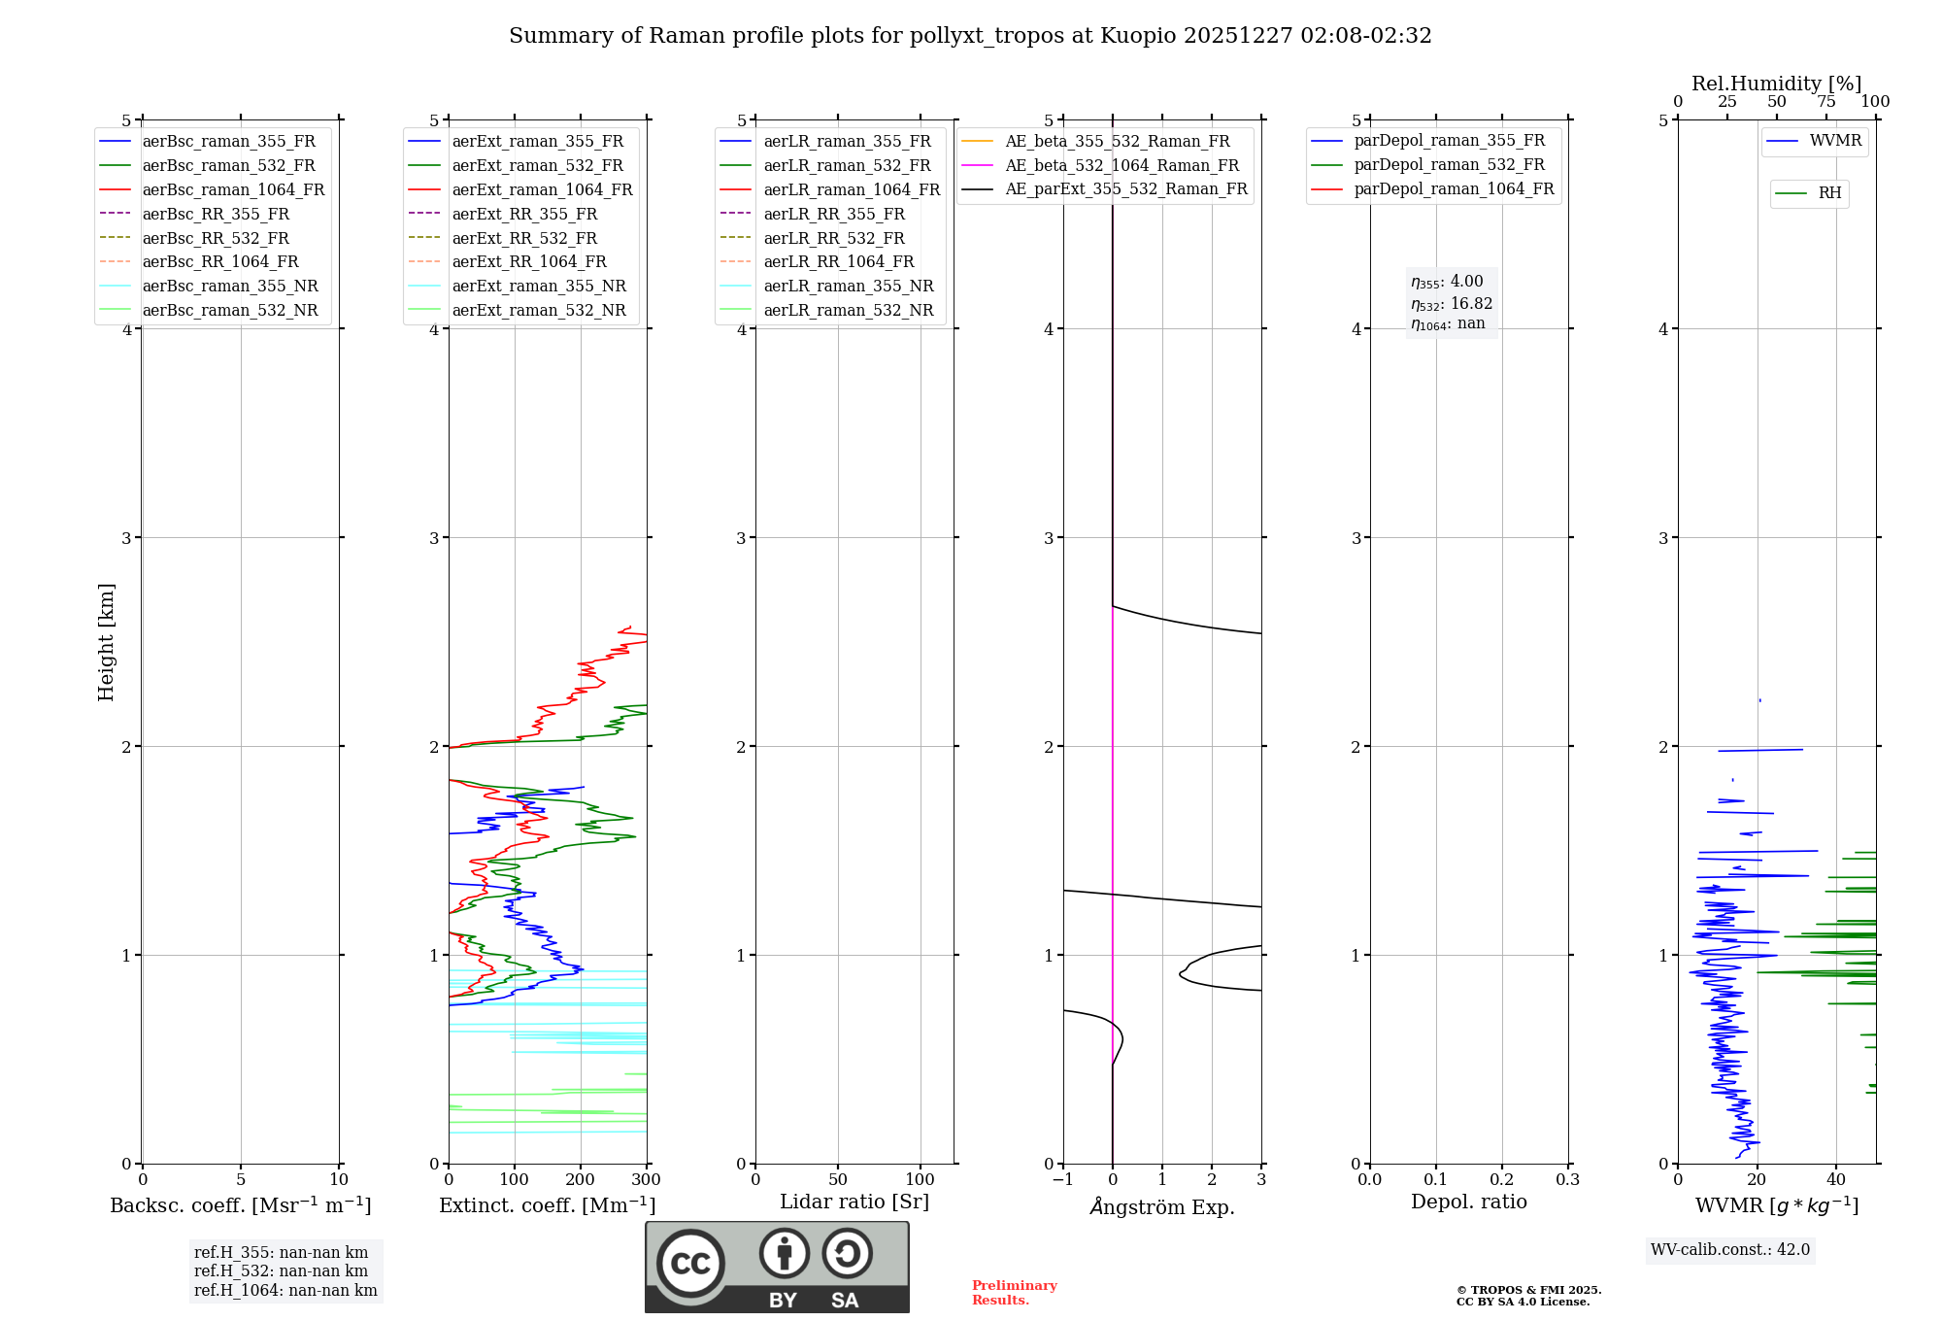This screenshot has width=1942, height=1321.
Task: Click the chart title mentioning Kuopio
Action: (969, 36)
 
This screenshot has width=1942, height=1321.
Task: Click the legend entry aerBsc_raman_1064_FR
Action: (233, 189)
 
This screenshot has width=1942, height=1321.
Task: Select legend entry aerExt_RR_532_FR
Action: (524, 238)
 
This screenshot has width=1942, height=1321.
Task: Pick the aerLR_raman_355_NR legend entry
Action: (848, 286)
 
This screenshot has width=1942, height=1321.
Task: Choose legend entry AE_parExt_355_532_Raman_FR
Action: (1125, 188)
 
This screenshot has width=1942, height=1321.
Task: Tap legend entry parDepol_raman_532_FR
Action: (1449, 165)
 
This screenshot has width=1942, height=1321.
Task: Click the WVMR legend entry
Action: (1835, 141)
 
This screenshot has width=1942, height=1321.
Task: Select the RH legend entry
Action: (1829, 193)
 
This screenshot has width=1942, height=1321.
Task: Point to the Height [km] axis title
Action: (106, 641)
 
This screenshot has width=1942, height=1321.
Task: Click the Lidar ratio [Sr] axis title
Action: (854, 1202)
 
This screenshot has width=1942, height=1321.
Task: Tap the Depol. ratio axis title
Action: (1468, 1202)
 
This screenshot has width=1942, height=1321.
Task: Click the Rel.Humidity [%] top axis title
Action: (1776, 84)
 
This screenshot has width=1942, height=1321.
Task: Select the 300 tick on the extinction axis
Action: (646, 1180)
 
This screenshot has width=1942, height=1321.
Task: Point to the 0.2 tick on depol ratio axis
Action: (1501, 1180)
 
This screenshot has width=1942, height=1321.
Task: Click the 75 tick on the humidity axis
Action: (1825, 102)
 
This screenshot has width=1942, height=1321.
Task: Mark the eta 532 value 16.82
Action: (1452, 304)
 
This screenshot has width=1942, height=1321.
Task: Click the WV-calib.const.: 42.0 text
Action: (1730, 1250)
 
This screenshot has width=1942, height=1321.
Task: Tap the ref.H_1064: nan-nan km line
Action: (285, 1290)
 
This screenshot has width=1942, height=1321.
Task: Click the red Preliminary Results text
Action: (1014, 1293)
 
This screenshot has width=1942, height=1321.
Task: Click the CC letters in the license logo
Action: (690, 1264)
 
